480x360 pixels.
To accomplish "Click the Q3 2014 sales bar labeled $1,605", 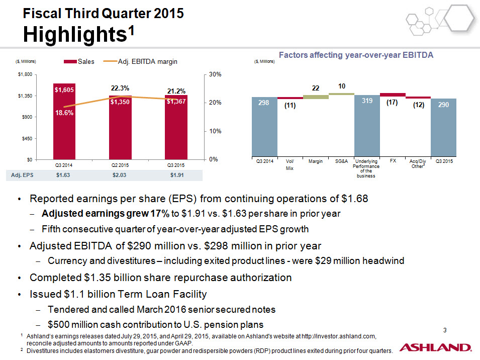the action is [x=64, y=122].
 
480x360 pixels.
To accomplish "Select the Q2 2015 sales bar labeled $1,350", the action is [x=120, y=127].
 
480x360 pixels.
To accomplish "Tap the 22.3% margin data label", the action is [x=120, y=88].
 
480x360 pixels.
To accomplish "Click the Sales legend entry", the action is [x=79, y=61].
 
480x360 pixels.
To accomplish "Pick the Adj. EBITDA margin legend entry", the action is [x=141, y=61].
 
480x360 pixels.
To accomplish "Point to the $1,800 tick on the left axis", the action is [x=25, y=74].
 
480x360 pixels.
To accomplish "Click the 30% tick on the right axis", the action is [x=215, y=74].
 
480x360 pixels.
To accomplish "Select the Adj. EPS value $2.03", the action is [x=120, y=175].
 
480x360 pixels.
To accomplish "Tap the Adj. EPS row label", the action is [x=22, y=175].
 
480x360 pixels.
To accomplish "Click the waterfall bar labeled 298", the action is [x=264, y=127].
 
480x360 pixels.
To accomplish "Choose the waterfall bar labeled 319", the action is [x=367, y=126].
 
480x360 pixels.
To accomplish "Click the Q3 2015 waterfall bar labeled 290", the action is [x=444, y=127].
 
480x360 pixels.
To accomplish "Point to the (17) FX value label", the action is [x=392, y=102].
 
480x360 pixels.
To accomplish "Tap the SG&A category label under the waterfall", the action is [x=341, y=161].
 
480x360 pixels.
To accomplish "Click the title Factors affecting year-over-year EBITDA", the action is [x=356, y=55].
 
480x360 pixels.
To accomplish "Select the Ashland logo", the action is [x=436, y=347].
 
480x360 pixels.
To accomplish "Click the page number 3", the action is [x=445, y=330].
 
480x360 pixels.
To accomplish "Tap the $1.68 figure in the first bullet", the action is [x=355, y=199].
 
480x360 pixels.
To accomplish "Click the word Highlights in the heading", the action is [x=75, y=34].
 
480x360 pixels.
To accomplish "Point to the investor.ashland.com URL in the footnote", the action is [x=339, y=336].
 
